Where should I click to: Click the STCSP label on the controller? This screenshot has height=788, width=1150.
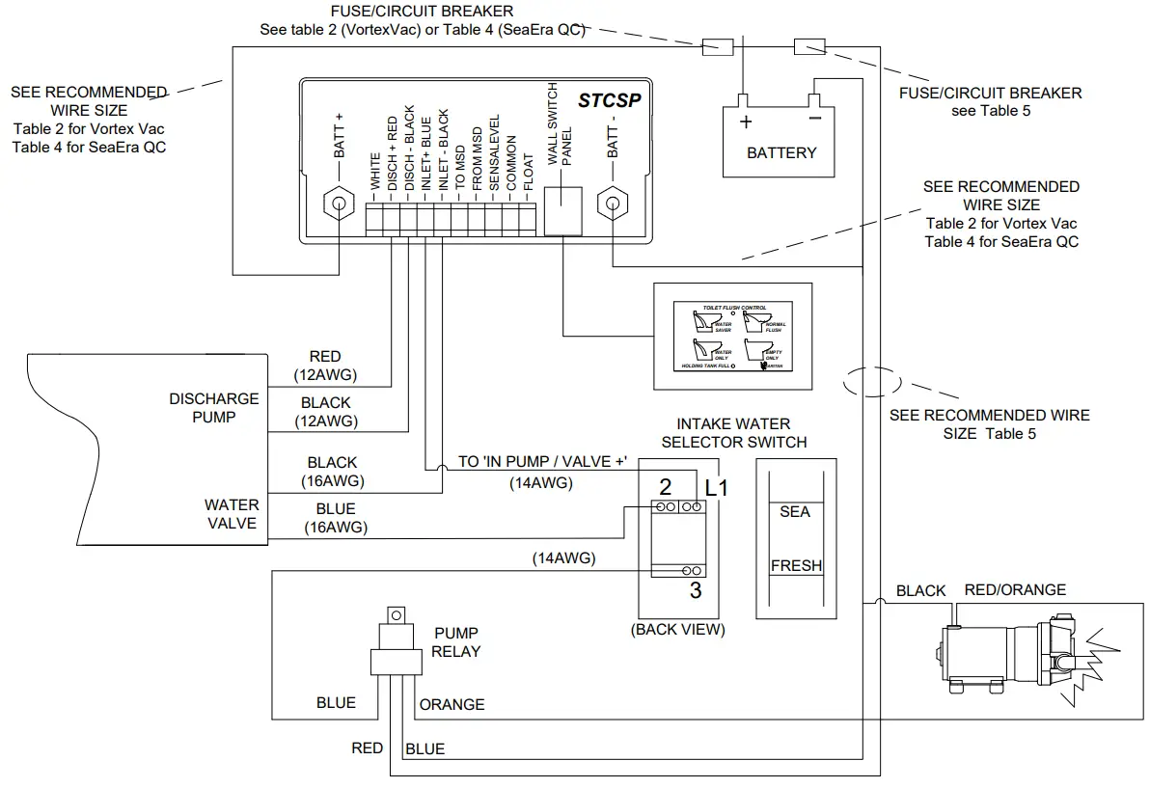tap(609, 99)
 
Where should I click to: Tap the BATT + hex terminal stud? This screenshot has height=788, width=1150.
tap(339, 204)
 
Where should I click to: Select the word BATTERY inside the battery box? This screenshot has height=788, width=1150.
tap(780, 152)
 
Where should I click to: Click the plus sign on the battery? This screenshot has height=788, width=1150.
tap(745, 122)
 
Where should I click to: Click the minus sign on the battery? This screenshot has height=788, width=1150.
tap(814, 121)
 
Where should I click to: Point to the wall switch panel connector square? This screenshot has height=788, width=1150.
tap(563, 210)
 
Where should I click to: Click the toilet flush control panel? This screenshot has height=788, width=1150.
tap(732, 336)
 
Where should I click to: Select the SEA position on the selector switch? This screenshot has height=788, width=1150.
tap(795, 511)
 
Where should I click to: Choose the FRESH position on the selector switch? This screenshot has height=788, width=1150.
tap(796, 566)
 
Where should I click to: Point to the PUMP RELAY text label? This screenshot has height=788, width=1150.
tap(456, 642)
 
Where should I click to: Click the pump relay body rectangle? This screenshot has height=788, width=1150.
tap(397, 661)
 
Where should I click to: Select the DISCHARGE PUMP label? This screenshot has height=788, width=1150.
tap(214, 408)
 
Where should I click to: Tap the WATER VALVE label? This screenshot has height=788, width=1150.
tap(231, 513)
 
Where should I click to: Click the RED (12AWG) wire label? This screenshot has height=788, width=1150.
tap(325, 366)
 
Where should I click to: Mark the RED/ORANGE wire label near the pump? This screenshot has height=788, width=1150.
tap(1015, 590)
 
